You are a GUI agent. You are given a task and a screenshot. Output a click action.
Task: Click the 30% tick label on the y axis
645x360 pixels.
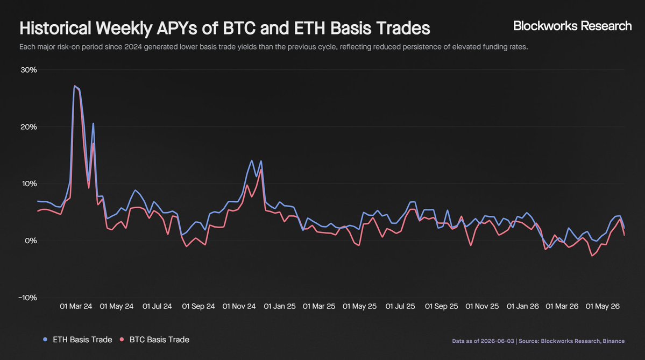[29, 70]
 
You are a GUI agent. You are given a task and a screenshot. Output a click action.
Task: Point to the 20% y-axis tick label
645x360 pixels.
[29, 126]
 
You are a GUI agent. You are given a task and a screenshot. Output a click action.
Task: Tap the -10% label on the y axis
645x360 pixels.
[27, 298]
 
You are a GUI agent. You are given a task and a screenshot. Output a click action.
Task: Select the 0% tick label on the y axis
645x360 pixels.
[31, 241]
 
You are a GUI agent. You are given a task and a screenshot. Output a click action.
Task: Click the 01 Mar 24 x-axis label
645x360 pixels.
[76, 306]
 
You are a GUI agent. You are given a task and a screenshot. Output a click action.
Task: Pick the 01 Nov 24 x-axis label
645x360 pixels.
[239, 306]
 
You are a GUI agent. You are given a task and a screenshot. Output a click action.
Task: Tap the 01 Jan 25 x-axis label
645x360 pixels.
[280, 306]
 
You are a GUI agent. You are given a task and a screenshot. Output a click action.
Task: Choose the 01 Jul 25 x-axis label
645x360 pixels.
[400, 306]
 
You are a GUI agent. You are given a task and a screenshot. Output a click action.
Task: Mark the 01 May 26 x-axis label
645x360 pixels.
[603, 306]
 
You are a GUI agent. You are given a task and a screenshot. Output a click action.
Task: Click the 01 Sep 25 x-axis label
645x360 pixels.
[441, 306]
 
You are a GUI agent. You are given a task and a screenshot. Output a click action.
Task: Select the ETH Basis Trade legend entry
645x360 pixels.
[78, 340]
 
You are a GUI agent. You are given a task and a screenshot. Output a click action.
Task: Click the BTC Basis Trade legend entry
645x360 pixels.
[155, 340]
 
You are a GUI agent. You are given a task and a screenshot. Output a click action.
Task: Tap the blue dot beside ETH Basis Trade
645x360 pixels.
[45, 340]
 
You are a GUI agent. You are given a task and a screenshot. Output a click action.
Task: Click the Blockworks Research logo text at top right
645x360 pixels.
[572, 26]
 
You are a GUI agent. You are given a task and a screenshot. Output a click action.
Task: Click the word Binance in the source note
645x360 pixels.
[614, 341]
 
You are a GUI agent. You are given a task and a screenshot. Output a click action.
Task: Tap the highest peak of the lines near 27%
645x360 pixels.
[74, 86]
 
